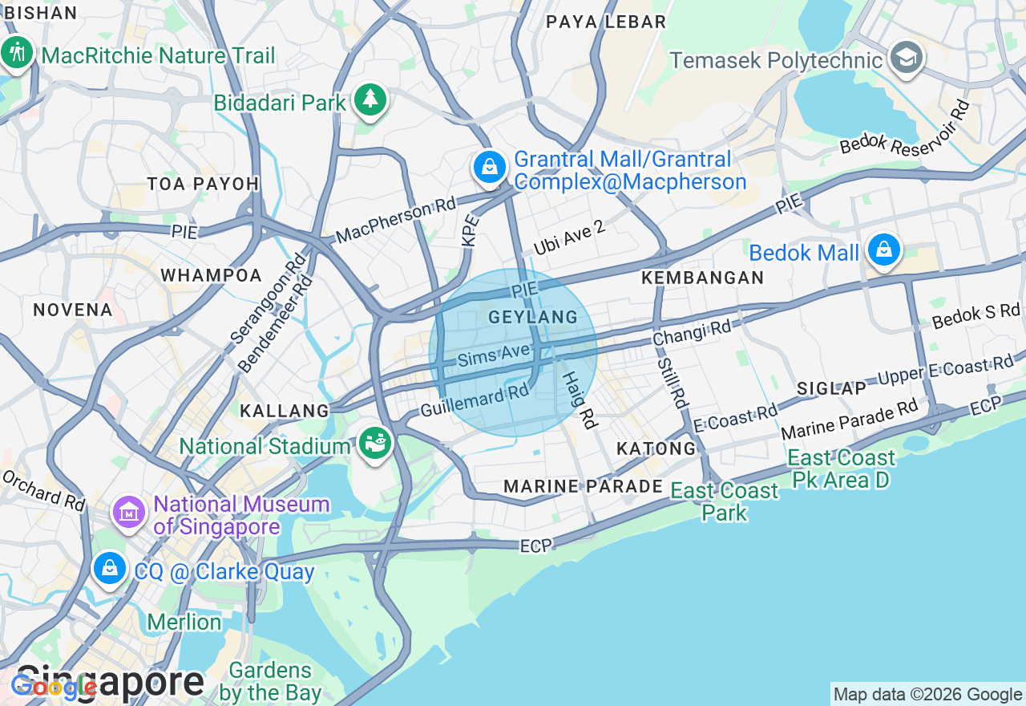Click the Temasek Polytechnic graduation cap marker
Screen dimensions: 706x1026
[907, 58]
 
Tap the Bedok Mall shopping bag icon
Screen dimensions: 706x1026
[883, 250]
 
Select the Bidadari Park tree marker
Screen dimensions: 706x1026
[370, 99]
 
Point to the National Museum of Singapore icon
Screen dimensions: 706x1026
[128, 511]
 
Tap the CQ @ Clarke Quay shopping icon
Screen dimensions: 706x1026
[109, 569]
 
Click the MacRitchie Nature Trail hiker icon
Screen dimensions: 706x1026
[16, 53]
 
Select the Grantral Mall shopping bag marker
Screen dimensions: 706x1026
[488, 168]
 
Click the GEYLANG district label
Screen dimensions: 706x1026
[533, 317]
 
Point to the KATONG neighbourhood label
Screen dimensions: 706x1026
[656, 448]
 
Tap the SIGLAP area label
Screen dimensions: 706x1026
[831, 388]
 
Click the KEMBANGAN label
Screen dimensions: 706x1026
[703, 278]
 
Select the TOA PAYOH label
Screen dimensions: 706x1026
[203, 184]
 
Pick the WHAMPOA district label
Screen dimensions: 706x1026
[211, 275]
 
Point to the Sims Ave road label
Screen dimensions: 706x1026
[495, 354]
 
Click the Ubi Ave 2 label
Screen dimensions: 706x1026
[568, 237]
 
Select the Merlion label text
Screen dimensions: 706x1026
[184, 622]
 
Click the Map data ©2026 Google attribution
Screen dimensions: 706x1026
[927, 695]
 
